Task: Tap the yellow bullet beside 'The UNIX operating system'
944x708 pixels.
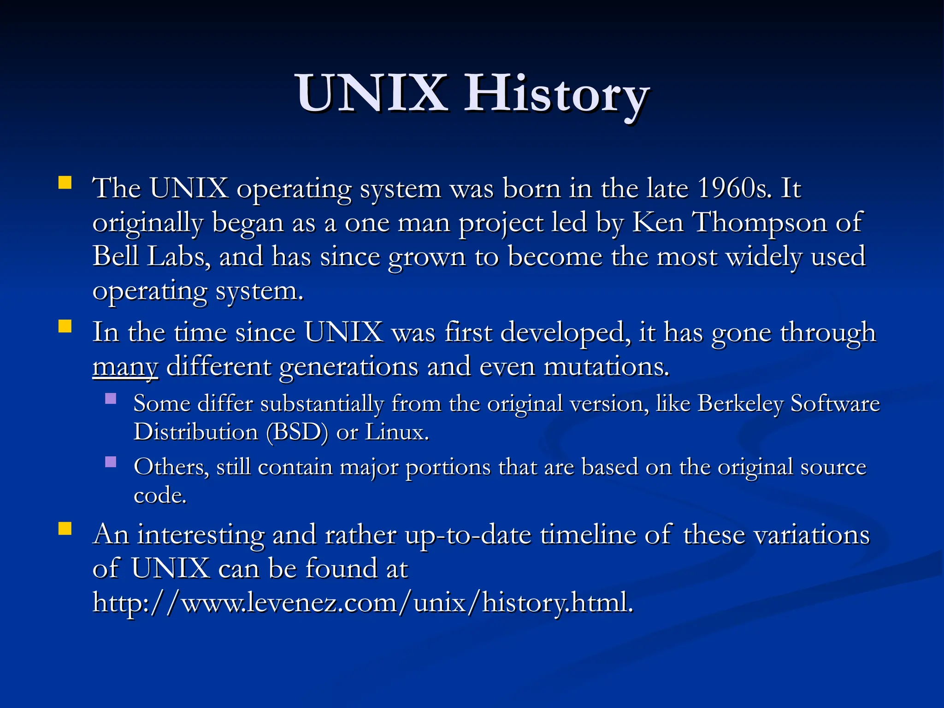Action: (65, 183)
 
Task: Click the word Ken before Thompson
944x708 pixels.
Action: (657, 223)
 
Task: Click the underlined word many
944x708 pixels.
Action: (125, 367)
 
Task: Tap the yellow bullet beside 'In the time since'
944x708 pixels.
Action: (65, 326)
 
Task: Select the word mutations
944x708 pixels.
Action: (606, 367)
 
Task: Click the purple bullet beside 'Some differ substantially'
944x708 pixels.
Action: (111, 398)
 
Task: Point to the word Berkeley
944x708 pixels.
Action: (740, 404)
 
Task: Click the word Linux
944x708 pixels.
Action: (396, 432)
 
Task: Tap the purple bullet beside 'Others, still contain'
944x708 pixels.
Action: (111, 462)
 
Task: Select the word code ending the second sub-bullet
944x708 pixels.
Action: (159, 496)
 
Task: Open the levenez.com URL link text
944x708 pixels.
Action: (363, 602)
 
